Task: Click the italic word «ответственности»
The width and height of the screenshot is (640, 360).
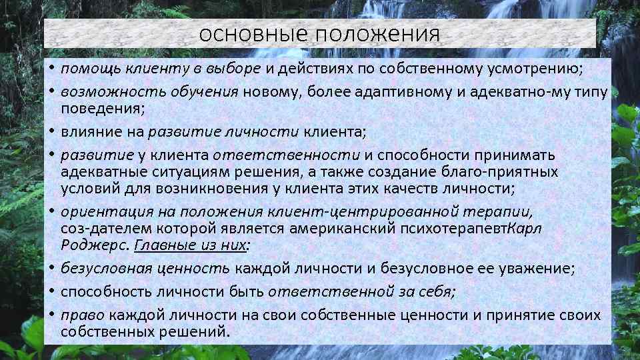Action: click(x=287, y=155)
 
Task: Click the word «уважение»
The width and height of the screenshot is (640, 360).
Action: click(x=523, y=269)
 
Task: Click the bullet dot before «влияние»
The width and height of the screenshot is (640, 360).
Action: click(x=51, y=131)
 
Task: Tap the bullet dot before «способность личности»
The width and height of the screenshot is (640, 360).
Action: click(x=51, y=292)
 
